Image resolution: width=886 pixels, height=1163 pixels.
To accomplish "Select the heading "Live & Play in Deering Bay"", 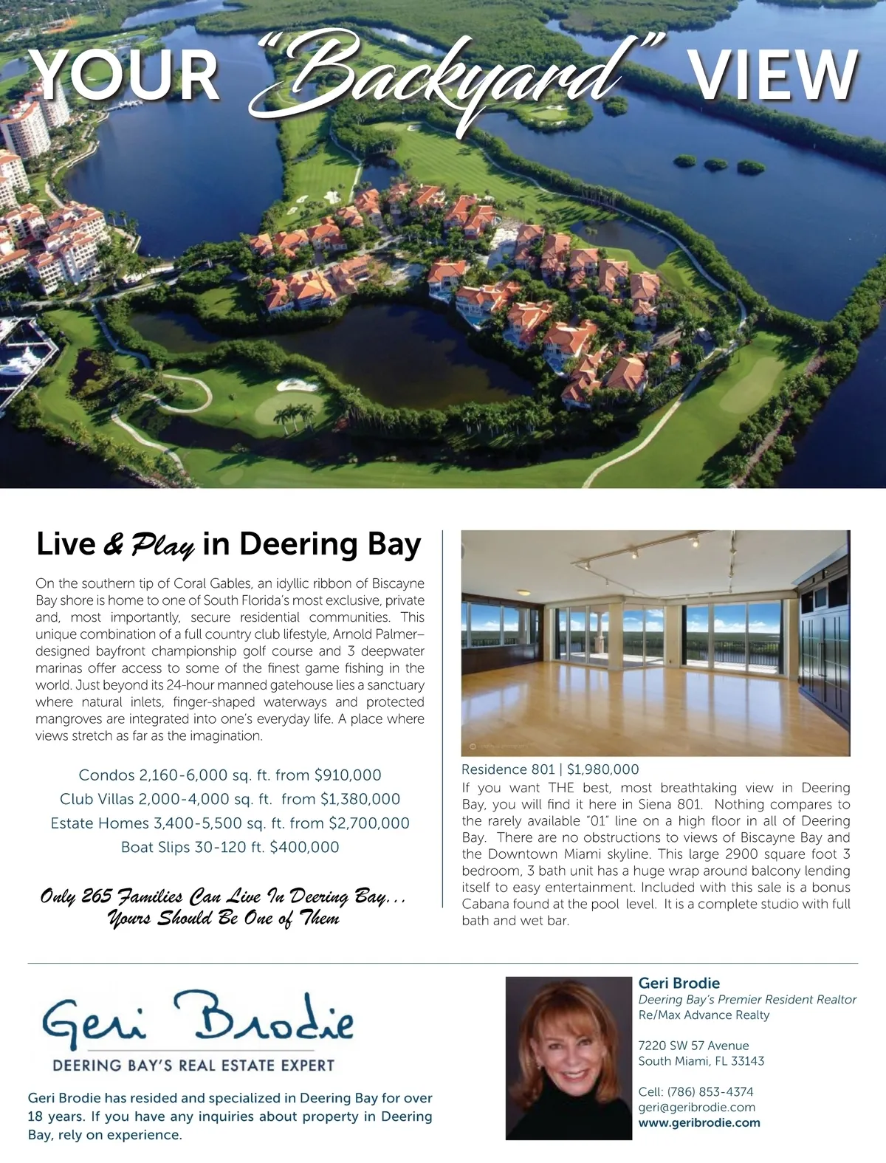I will pyautogui.click(x=228, y=545).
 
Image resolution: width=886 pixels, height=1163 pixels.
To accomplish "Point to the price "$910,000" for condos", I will pyautogui.click(x=348, y=775).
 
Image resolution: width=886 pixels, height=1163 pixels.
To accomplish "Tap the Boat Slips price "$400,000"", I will pyautogui.click(x=304, y=847).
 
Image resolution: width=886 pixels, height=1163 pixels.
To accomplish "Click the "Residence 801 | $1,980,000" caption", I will pyautogui.click(x=550, y=769).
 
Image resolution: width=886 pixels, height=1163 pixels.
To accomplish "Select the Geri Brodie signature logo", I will pyautogui.click(x=198, y=1022).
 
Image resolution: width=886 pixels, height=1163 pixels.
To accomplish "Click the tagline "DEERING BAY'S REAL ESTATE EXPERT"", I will pyautogui.click(x=193, y=1066).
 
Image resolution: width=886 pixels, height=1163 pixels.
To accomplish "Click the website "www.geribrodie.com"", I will pyautogui.click(x=698, y=1122).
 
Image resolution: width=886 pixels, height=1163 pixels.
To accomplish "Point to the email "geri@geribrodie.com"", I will pyautogui.click(x=696, y=1107).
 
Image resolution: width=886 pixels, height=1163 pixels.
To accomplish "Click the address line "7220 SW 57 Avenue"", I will pyautogui.click(x=693, y=1046).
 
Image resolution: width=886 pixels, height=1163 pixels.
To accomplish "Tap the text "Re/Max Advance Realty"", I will pyautogui.click(x=704, y=1015).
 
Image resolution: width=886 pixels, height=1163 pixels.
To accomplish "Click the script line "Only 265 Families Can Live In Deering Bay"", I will pyautogui.click(x=224, y=898).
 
